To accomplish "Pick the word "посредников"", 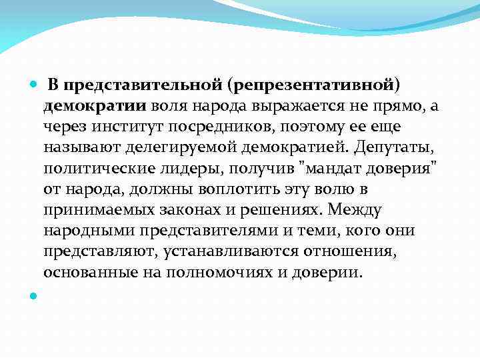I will click(x=229, y=125).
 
